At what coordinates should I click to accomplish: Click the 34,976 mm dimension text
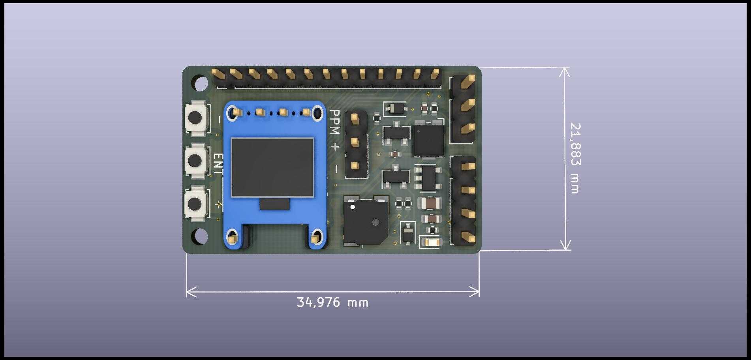(332, 303)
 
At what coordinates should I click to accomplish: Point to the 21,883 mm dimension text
(575, 158)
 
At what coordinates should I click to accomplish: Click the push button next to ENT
(195, 160)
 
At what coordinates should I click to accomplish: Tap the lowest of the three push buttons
(195, 204)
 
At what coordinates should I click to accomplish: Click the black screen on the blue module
(272, 167)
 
